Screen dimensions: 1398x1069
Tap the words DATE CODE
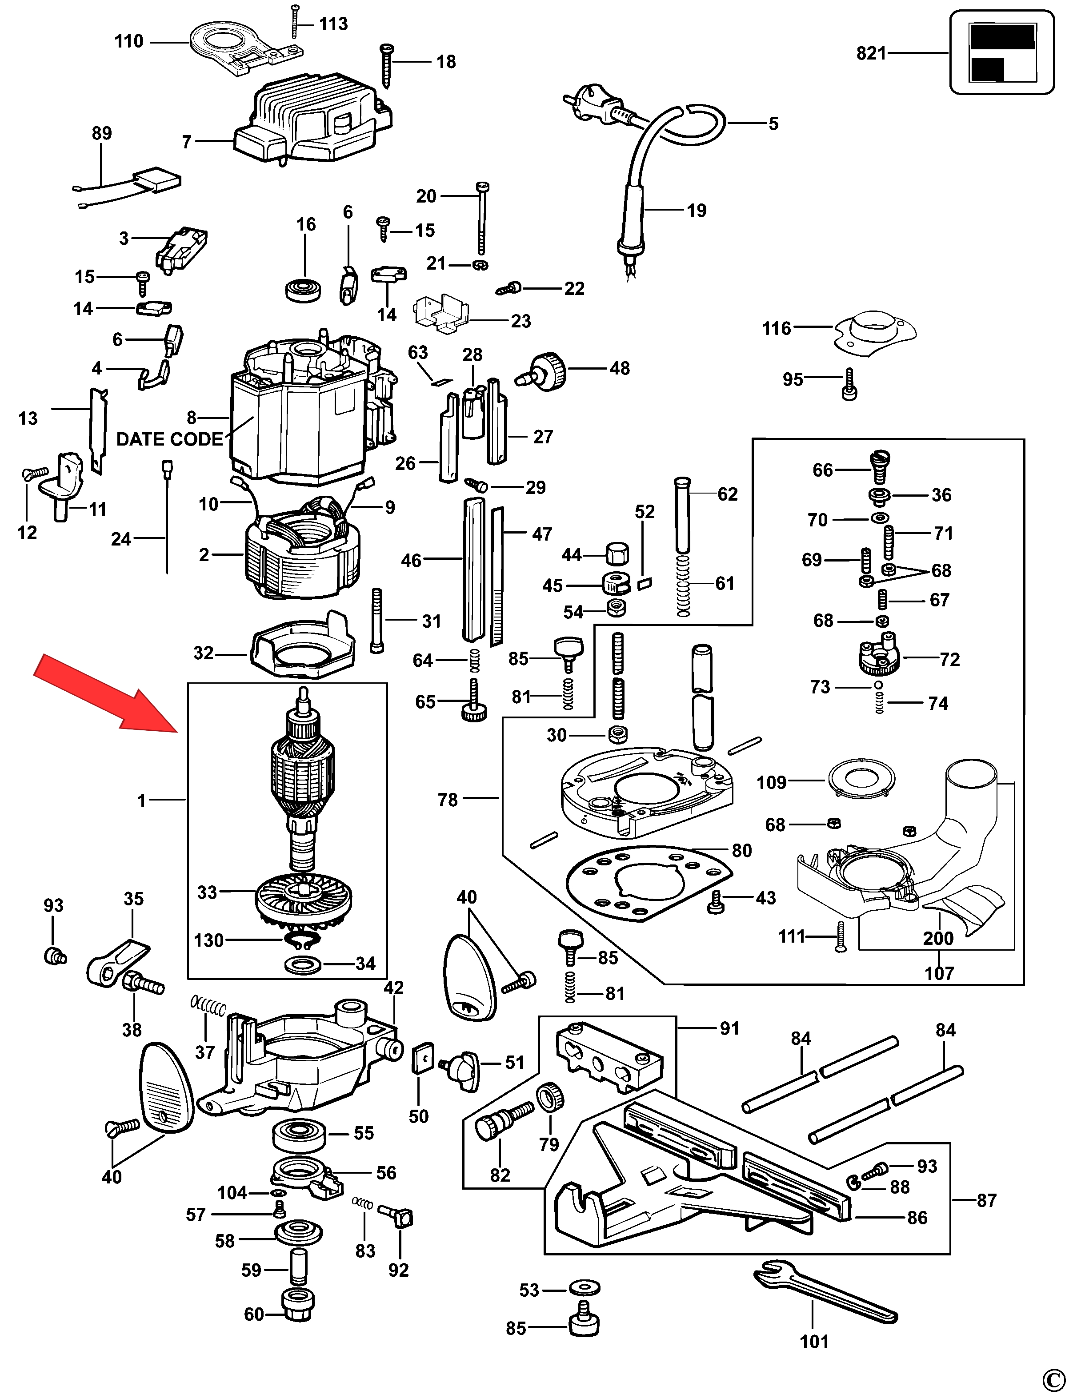point(170,439)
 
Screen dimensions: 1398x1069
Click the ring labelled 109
point(861,779)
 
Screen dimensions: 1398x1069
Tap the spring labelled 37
point(209,1006)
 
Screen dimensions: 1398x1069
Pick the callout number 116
point(776,328)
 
